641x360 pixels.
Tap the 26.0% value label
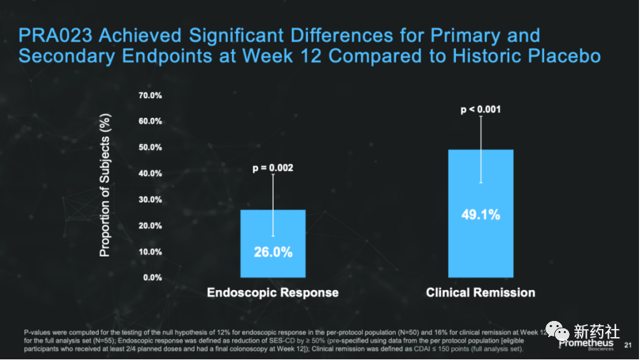[273, 252]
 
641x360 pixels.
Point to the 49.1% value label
[480, 215]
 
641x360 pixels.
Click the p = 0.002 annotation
[273, 168]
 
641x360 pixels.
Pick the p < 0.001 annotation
[480, 110]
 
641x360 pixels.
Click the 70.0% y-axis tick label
[150, 96]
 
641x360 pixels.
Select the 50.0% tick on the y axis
[150, 147]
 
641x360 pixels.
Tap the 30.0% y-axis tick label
[150, 200]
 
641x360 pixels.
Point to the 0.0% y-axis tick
[152, 277]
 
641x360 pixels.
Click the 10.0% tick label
[150, 252]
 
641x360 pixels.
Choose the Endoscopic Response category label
[272, 293]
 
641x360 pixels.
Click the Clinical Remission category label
[480, 293]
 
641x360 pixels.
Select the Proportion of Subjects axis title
[105, 186]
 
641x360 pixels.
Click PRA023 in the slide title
[56, 35]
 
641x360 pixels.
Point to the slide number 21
[628, 345]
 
